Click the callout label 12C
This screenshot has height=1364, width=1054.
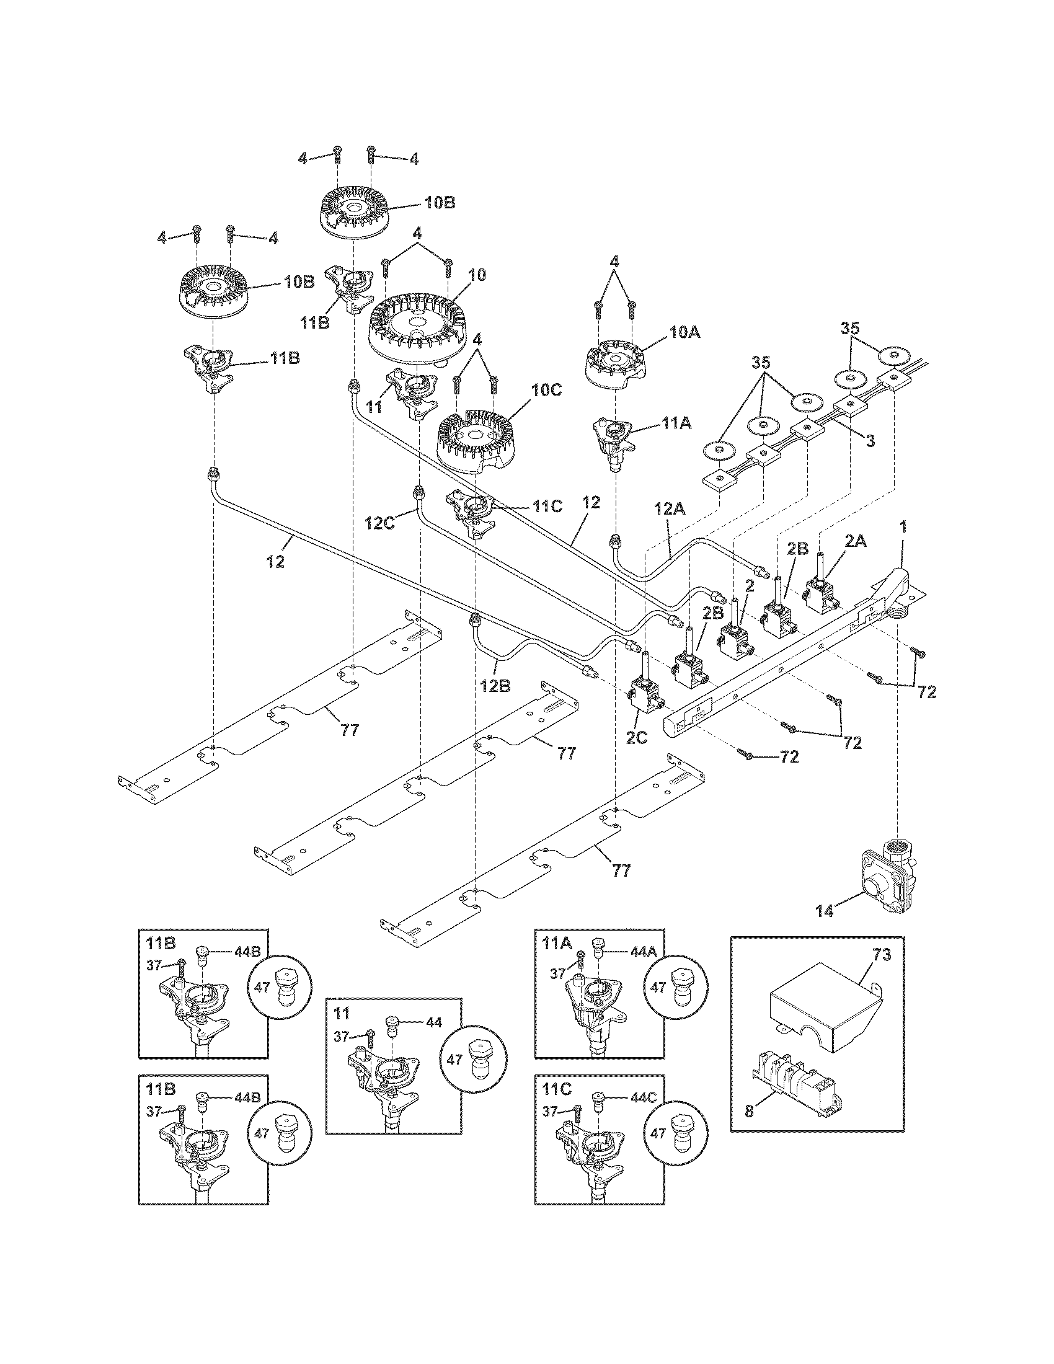coord(380,523)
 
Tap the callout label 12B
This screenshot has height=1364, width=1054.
coord(495,685)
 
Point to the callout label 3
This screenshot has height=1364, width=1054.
coord(870,441)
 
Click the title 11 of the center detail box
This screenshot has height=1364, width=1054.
coord(341,1013)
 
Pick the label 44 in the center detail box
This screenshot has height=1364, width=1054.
coord(433,1022)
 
